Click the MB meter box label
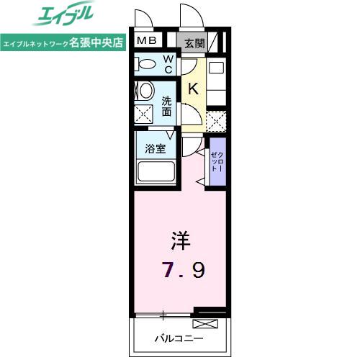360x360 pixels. click(147, 40)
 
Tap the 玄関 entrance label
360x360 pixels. click(194, 43)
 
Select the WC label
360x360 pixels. click(168, 64)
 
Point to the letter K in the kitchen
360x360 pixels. click(194, 89)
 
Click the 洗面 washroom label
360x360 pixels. click(166, 107)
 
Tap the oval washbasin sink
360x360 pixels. click(145, 91)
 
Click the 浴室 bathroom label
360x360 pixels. click(156, 148)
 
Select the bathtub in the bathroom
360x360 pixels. click(156, 171)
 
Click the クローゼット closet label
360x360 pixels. click(217, 161)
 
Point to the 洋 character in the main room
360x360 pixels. click(181, 240)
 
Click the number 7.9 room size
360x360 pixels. click(183, 270)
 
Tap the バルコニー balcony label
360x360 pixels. click(179, 338)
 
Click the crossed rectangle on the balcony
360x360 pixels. click(205, 324)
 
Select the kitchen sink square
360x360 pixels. click(216, 68)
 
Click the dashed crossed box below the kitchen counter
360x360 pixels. click(216, 121)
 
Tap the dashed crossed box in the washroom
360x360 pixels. click(143, 114)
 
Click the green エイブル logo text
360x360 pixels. click(63, 13)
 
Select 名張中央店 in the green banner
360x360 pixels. click(96, 42)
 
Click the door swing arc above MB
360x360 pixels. click(145, 17)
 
